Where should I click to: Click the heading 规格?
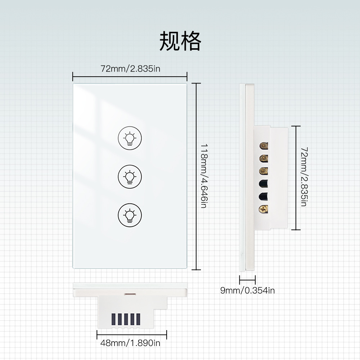[180, 41]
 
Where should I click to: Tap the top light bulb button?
[130, 138]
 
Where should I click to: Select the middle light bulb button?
[130, 176]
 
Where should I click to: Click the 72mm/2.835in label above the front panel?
[130, 68]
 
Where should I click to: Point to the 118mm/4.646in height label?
[204, 176]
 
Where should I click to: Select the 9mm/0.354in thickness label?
[247, 291]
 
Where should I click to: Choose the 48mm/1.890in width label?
[130, 343]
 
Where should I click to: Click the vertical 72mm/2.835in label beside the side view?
[303, 176]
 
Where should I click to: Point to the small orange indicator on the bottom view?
[128, 294]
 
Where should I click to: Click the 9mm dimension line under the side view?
[247, 279]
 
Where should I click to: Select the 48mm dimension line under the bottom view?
[132, 334]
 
